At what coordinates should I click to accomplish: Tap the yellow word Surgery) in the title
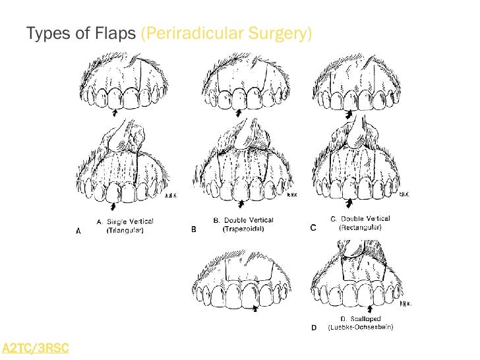[x=283, y=33]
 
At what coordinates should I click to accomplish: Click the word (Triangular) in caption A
[x=125, y=231]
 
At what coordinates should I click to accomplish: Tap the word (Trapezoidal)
[x=243, y=229]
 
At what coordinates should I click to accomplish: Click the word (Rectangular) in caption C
[x=360, y=227]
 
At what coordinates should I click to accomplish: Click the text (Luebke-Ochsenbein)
[x=360, y=328]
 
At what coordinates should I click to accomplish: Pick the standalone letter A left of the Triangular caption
[x=78, y=231]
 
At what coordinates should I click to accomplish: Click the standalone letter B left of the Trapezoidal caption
[x=194, y=229]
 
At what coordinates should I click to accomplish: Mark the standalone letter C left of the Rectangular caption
[x=313, y=227]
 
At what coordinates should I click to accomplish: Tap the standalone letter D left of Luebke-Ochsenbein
[x=313, y=328]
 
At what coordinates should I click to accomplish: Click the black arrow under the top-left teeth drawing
[x=116, y=113]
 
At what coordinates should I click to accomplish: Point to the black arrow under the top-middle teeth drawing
[x=238, y=113]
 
